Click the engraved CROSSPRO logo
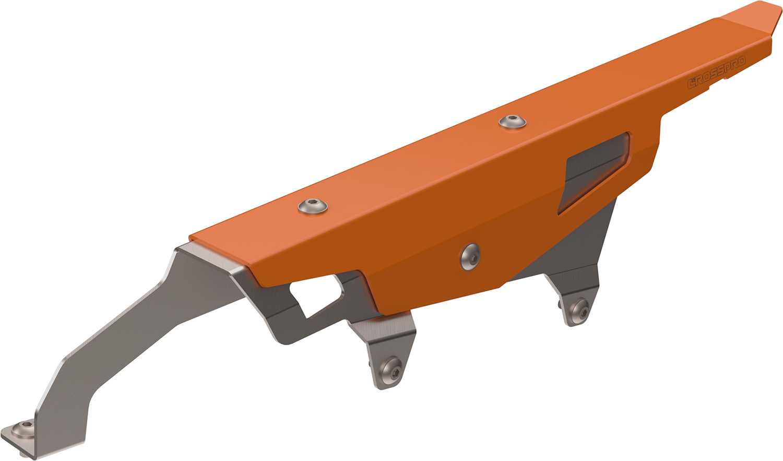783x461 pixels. (x=716, y=73)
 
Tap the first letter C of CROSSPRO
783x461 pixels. (x=691, y=84)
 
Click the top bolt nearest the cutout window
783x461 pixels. (x=513, y=122)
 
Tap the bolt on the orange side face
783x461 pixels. (x=470, y=257)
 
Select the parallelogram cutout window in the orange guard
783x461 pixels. (x=594, y=172)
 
